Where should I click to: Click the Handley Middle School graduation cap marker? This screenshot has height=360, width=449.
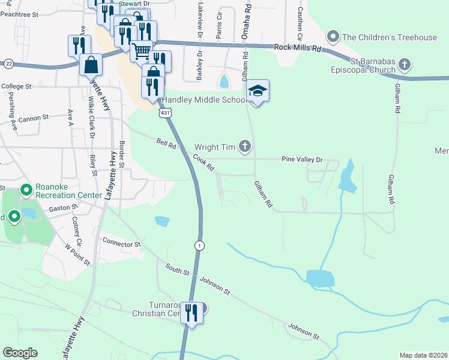pyautogui.click(x=258, y=91)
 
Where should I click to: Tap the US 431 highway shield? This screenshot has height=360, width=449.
pyautogui.click(x=165, y=113)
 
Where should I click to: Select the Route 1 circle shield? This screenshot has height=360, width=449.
pyautogui.click(x=199, y=245)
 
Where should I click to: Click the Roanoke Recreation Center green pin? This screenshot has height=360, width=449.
pyautogui.click(x=26, y=191)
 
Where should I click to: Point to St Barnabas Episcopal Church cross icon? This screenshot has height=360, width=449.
pyautogui.click(x=405, y=64)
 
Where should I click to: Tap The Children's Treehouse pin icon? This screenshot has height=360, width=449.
pyautogui.click(x=334, y=37)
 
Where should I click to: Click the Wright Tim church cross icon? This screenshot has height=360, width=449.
pyautogui.click(x=244, y=146)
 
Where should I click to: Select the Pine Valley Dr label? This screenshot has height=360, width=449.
pyautogui.click(x=303, y=160)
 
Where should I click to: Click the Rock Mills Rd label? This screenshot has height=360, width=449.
pyautogui.click(x=298, y=47)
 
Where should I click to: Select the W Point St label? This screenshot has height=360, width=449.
pyautogui.click(x=77, y=253)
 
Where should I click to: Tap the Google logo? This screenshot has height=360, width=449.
pyautogui.click(x=20, y=353)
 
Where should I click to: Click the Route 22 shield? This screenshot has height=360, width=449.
pyautogui.click(x=8, y=63)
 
